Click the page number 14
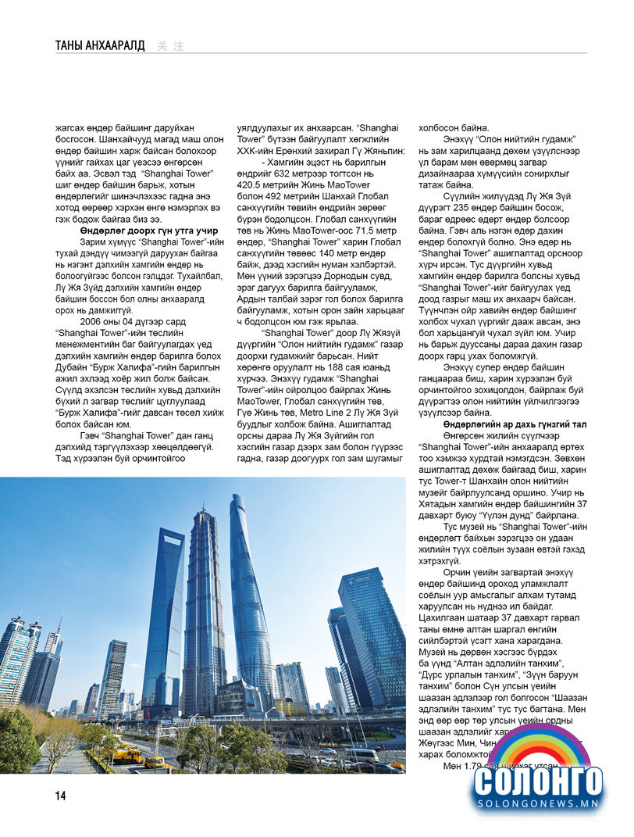tap(60, 796)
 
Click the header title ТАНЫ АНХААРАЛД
tap(100, 45)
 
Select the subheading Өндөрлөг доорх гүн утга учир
tap(148, 231)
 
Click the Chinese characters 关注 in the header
tap(170, 46)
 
